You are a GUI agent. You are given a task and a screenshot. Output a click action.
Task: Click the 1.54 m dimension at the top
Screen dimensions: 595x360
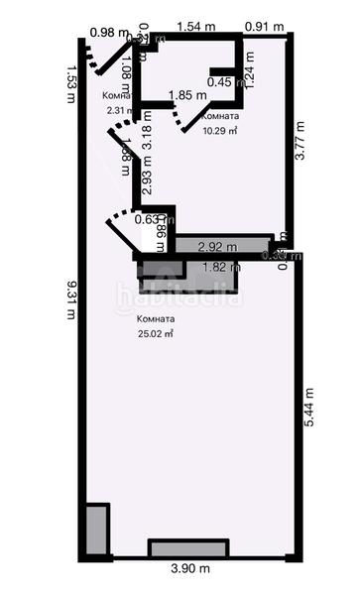[196, 25]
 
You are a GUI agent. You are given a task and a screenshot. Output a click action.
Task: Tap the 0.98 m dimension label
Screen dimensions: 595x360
[108, 32]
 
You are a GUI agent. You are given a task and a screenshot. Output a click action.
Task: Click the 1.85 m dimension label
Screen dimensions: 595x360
[187, 95]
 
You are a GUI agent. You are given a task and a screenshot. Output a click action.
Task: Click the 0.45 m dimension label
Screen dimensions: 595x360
[226, 82]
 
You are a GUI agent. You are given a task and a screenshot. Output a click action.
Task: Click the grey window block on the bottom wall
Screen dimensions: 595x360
[189, 548]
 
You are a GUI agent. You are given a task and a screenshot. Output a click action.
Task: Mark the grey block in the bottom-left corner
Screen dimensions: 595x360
[96, 532]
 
